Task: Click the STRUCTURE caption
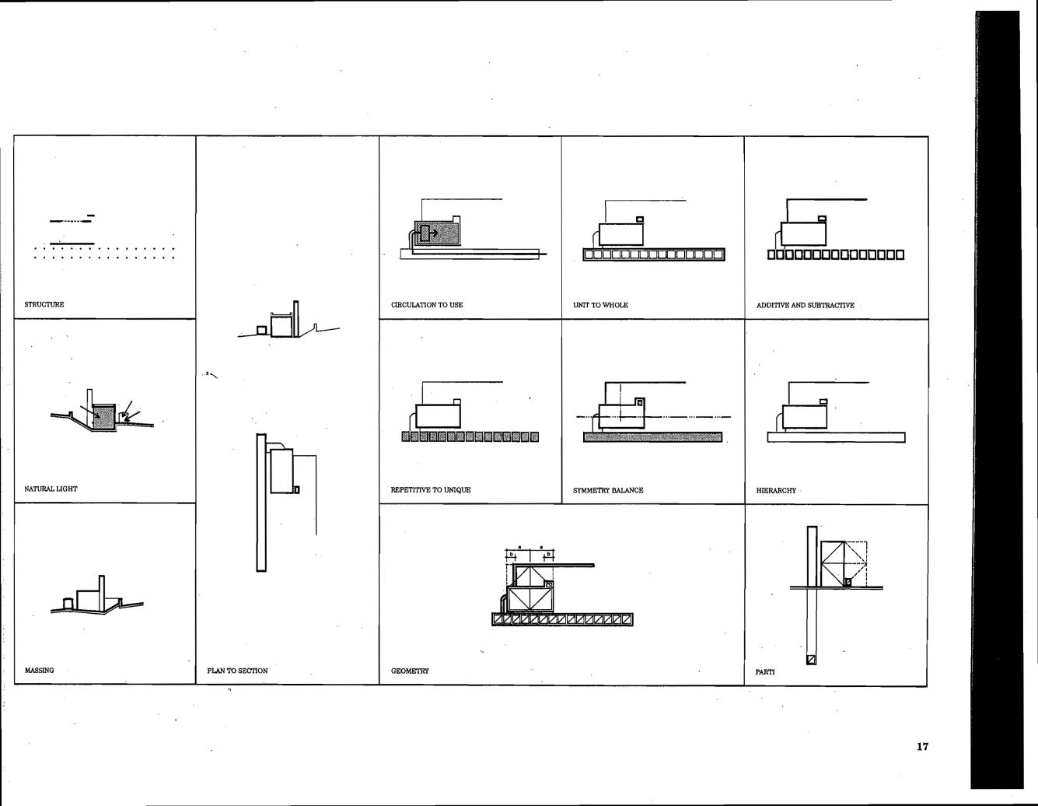click(44, 304)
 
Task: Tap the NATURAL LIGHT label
click(51, 489)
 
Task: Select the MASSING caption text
click(40, 670)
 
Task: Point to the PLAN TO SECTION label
click(237, 671)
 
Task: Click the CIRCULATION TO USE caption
click(427, 305)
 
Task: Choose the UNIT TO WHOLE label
click(600, 305)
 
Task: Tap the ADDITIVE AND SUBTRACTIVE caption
click(805, 305)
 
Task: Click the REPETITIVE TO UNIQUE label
click(430, 490)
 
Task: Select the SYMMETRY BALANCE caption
click(607, 490)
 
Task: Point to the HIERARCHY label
click(776, 491)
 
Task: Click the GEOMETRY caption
click(410, 671)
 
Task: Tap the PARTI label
click(765, 671)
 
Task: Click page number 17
click(922, 747)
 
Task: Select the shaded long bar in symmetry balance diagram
click(652, 437)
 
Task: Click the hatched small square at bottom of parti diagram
click(812, 660)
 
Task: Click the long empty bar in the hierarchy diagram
click(836, 437)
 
